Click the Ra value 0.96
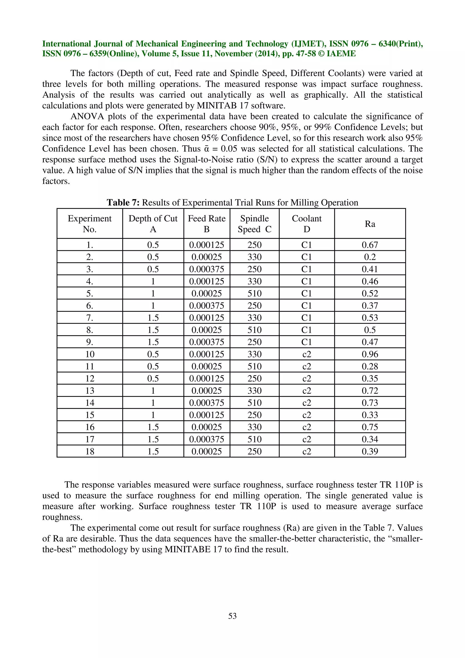click(370, 354)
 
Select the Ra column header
click(370, 224)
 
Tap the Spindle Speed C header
click(255, 224)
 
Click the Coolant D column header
click(307, 224)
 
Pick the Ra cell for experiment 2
click(370, 257)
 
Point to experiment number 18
click(90, 451)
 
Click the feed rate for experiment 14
click(207, 403)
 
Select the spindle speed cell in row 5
click(255, 293)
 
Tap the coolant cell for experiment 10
click(307, 354)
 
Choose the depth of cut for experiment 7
click(153, 318)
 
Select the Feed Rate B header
click(207, 224)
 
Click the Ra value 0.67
click(370, 245)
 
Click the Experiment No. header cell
click(90, 224)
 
